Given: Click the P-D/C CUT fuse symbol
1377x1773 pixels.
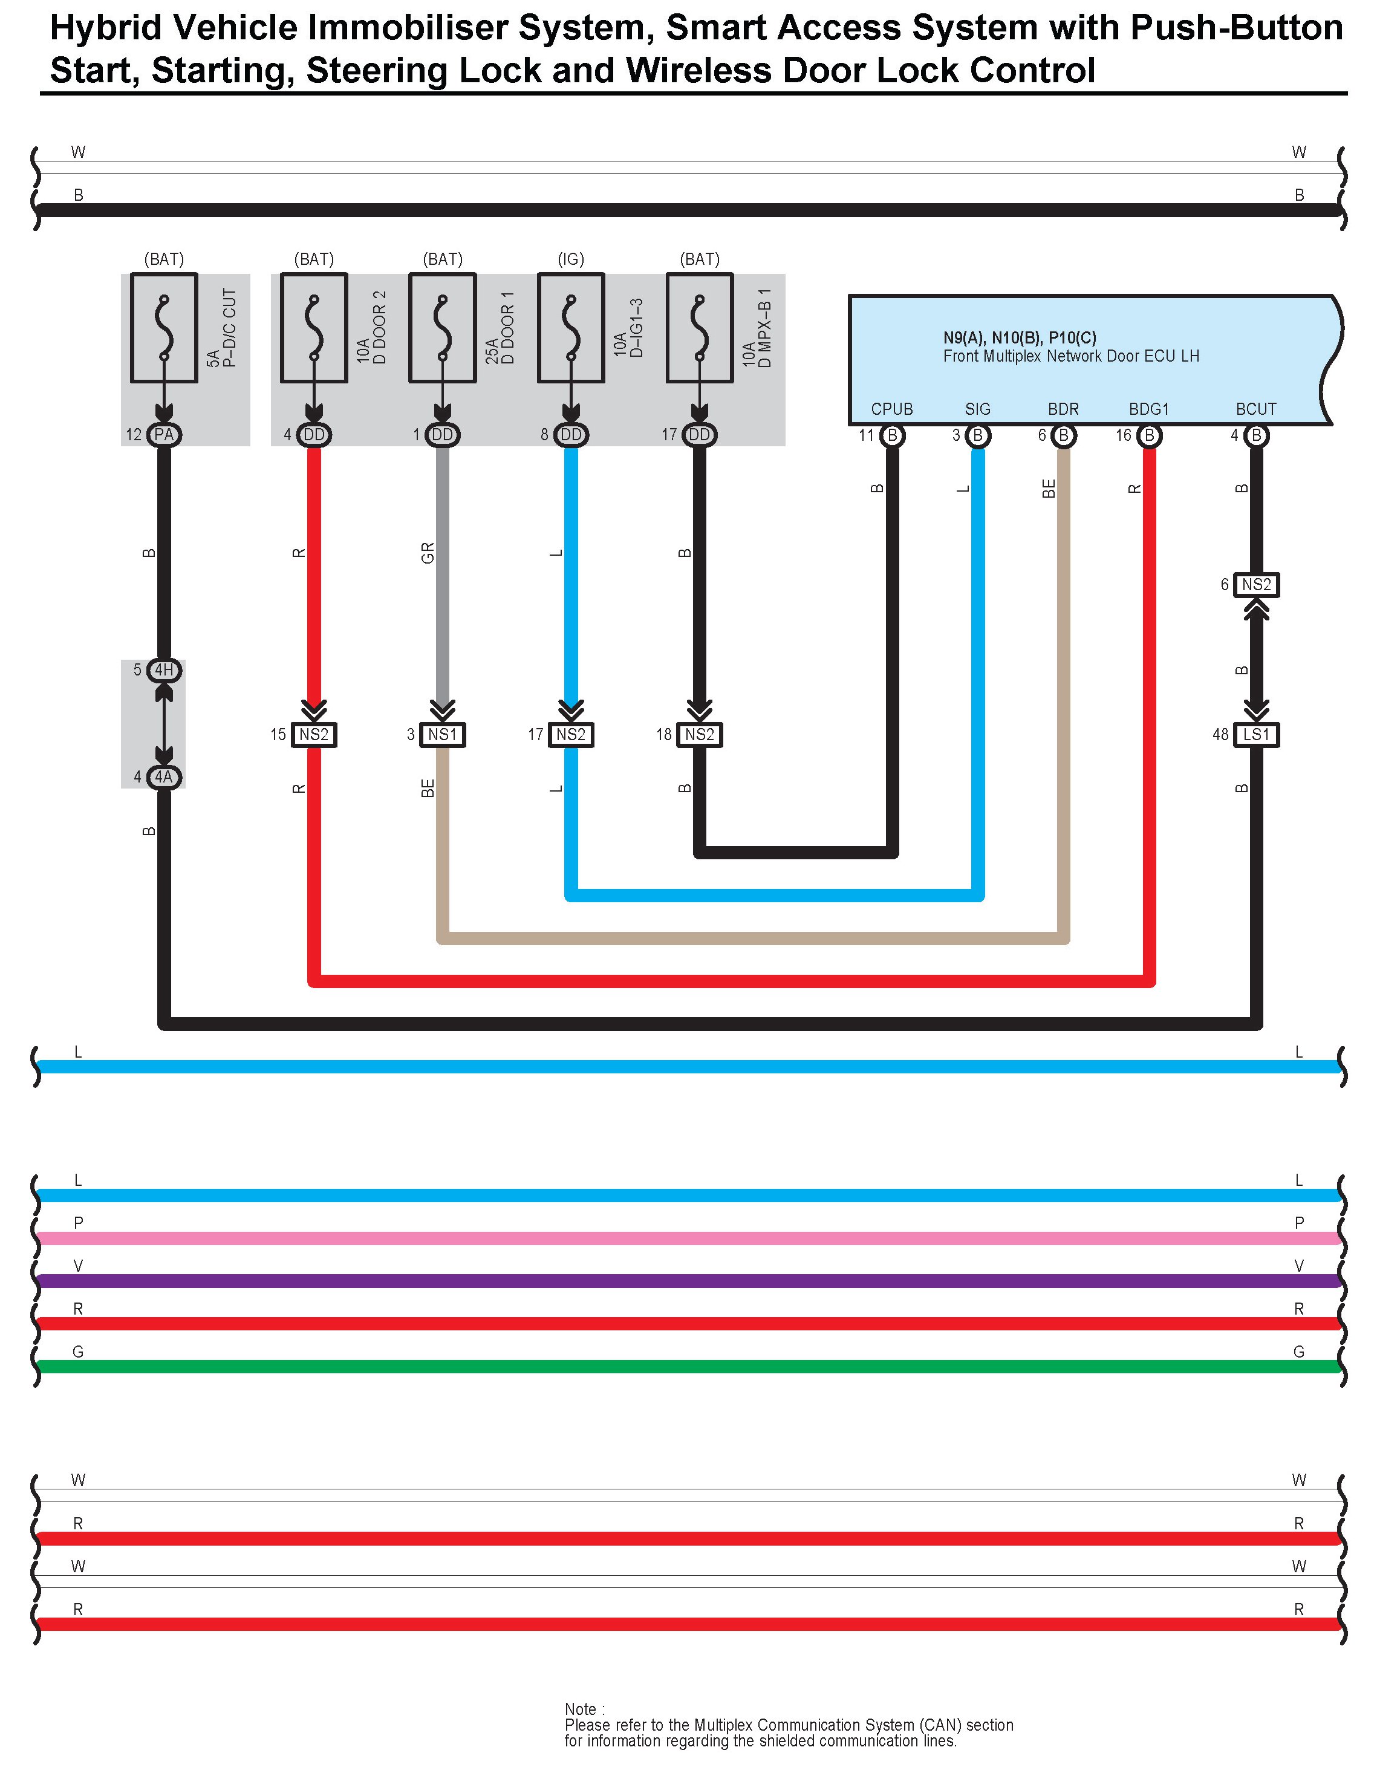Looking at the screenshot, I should pyautogui.click(x=164, y=327).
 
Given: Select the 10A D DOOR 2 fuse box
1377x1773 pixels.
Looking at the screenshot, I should pyautogui.click(x=313, y=327).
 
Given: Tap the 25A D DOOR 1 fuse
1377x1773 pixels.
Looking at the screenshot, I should pyautogui.click(x=443, y=327).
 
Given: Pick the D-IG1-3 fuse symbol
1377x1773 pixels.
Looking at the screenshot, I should pyautogui.click(x=571, y=327).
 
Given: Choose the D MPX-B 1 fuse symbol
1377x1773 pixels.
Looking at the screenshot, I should pyautogui.click(x=700, y=327).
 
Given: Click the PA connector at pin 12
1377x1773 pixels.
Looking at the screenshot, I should pyautogui.click(x=164, y=435).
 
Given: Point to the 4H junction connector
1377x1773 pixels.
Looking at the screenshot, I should pyautogui.click(x=164, y=670).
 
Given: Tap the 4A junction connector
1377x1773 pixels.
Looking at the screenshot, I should pyautogui.click(x=164, y=777).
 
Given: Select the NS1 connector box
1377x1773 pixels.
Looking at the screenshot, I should pyautogui.click(x=443, y=735).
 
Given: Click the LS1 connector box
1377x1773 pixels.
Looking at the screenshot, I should pyautogui.click(x=1256, y=735).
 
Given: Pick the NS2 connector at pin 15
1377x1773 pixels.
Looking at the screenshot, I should pyautogui.click(x=313, y=735).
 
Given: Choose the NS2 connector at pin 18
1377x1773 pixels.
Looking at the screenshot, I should pyautogui.click(x=700, y=735).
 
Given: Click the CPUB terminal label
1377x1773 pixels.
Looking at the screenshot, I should pyautogui.click(x=891, y=409).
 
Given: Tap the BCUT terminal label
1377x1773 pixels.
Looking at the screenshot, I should pyautogui.click(x=1255, y=409).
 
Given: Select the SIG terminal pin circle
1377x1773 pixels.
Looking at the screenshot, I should pyautogui.click(x=978, y=436).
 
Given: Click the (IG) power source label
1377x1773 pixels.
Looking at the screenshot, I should pyautogui.click(x=571, y=259).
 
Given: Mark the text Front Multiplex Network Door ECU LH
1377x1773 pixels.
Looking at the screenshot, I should pyautogui.click(x=1070, y=356).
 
